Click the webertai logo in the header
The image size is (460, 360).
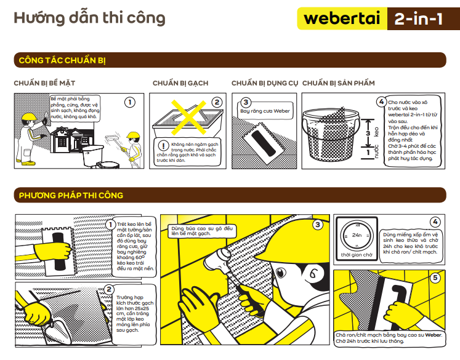point(342,18)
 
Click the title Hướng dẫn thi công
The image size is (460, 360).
point(90,18)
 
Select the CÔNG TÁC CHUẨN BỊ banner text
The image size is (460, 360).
point(63,60)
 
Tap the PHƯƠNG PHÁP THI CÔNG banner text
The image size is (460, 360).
point(71,195)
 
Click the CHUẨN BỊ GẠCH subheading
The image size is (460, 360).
point(180,82)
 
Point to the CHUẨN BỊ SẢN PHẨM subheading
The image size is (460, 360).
point(339,82)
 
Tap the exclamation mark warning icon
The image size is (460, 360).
point(163,145)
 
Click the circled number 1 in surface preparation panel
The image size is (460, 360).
point(130,102)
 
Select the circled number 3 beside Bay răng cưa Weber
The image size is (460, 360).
point(246,103)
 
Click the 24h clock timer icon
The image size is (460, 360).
point(357,235)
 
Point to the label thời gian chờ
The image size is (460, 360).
point(357,254)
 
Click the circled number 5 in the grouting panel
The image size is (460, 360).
point(435,278)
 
